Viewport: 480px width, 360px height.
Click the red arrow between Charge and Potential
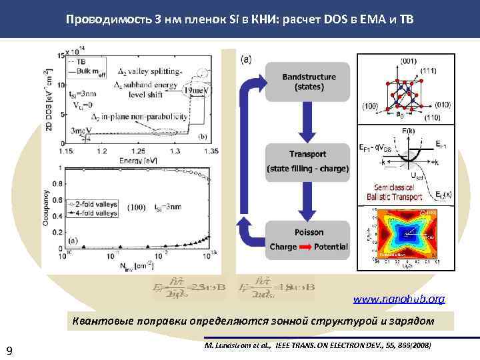click(x=306, y=246)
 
